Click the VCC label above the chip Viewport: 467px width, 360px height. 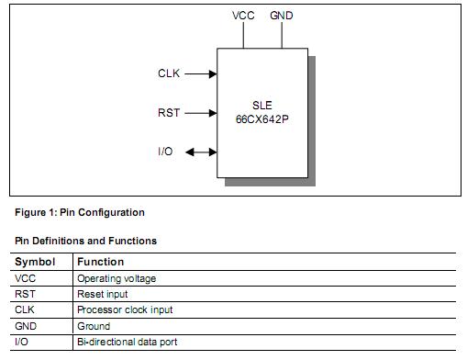[x=244, y=16]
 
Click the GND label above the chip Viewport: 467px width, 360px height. [x=282, y=16]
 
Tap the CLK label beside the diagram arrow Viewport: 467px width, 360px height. [x=170, y=73]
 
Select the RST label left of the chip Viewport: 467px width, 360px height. [x=170, y=113]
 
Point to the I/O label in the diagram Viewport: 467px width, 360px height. [x=166, y=152]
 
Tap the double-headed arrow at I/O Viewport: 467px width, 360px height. [x=200, y=152]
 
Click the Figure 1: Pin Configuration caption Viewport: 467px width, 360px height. [x=80, y=212]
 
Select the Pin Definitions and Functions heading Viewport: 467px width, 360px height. [x=85, y=241]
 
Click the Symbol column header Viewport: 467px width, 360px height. [x=35, y=262]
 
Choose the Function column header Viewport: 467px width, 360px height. [x=100, y=262]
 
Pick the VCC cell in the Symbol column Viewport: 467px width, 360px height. [x=25, y=278]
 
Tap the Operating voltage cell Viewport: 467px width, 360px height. [x=117, y=278]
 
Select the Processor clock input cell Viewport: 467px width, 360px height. [x=125, y=309]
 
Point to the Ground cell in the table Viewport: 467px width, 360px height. [x=94, y=326]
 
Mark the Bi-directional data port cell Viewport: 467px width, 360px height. [x=128, y=342]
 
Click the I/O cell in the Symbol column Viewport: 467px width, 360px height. [x=23, y=342]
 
